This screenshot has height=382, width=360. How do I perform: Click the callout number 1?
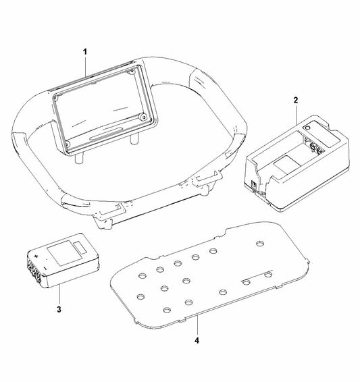tap(85, 51)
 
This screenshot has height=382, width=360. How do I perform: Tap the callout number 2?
tap(295, 100)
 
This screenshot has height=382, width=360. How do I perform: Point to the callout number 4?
tap(197, 341)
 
